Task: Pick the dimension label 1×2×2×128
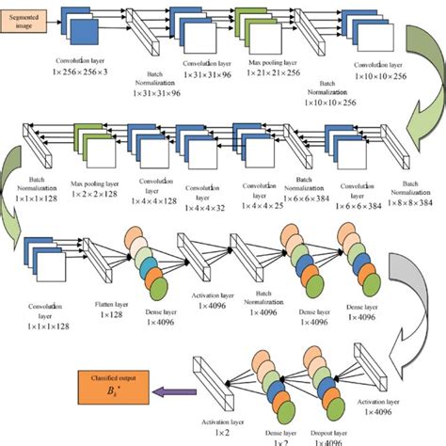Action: [x=94, y=193]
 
